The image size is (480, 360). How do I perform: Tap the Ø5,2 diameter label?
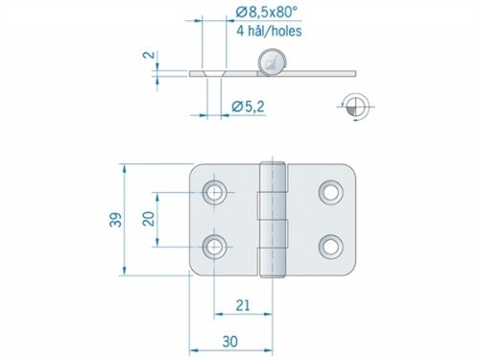[246, 108]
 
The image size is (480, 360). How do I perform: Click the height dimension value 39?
[113, 220]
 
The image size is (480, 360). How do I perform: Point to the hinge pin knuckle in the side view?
[273, 64]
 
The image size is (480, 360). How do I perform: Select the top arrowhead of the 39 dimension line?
[124, 167]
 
